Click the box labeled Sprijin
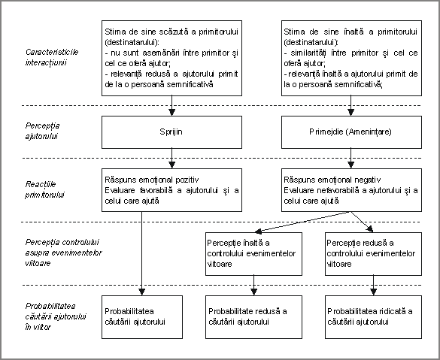tap(171, 132)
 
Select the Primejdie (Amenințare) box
tap(351, 132)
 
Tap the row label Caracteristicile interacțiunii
tap(52, 57)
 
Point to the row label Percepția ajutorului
tap(42, 131)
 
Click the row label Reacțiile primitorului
tap(44, 189)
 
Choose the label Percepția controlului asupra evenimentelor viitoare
tap(63, 253)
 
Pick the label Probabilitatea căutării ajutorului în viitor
tap(56, 316)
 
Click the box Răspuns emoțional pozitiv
tap(171, 190)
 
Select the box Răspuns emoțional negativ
tap(351, 190)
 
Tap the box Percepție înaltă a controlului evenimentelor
tap(253, 254)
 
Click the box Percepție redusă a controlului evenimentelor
tap(373, 254)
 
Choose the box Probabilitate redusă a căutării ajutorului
tap(253, 317)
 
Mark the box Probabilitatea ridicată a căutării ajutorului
tap(373, 317)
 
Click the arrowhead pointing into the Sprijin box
tap(171, 113)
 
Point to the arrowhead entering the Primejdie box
tap(350, 113)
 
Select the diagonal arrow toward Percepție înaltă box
tap(302, 222)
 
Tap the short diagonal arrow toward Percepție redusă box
tap(362, 222)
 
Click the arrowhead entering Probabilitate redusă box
tap(253, 292)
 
